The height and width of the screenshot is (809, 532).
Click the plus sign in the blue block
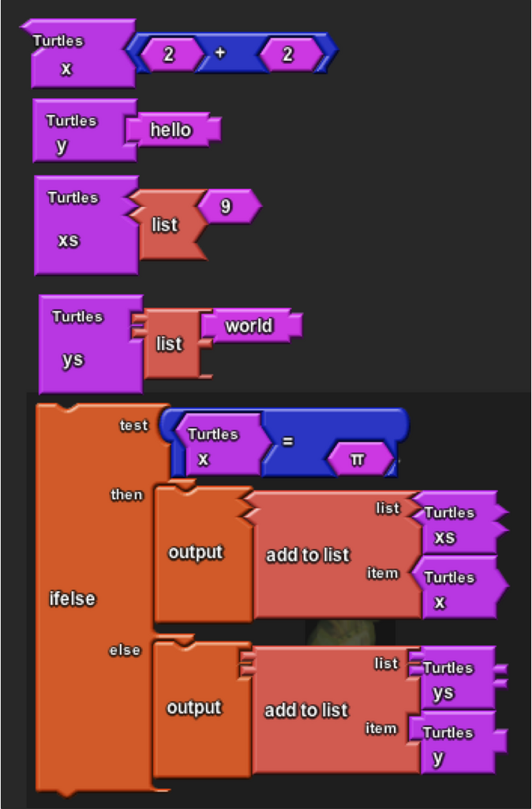click(220, 53)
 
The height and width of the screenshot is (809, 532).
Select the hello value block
click(174, 130)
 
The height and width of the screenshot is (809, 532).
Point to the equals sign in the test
click(288, 442)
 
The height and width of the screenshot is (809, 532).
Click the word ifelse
click(72, 600)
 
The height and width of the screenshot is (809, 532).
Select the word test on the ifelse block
click(133, 426)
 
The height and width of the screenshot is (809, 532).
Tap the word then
click(127, 495)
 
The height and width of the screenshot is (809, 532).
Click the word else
click(125, 651)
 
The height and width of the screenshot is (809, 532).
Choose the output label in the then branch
click(196, 552)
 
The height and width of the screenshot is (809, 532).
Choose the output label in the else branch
click(194, 707)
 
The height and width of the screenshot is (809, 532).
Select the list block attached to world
click(171, 344)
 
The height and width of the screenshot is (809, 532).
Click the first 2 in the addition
click(170, 54)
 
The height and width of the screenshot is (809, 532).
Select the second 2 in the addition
click(288, 54)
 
